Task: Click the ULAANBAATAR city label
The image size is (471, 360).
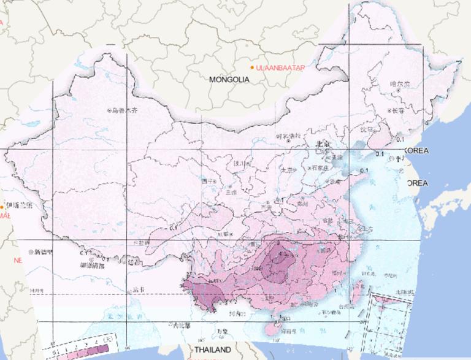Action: (x=280, y=67)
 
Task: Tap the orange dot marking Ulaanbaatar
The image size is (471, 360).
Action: (x=252, y=67)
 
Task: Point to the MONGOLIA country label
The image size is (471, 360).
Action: (x=229, y=80)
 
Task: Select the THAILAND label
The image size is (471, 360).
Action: (x=212, y=350)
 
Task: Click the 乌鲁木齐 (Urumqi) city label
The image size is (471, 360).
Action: (x=125, y=111)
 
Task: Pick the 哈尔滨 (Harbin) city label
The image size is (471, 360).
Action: (x=401, y=83)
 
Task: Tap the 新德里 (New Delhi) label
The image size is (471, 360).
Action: (x=44, y=252)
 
